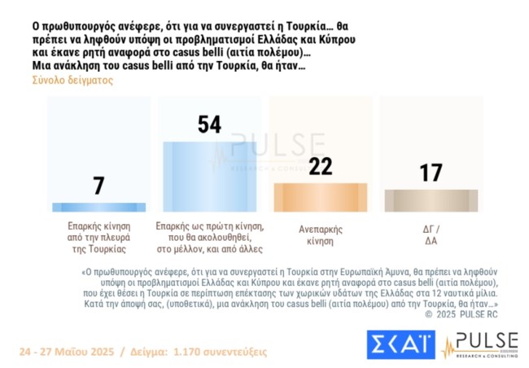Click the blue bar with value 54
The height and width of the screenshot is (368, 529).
[x=209, y=177]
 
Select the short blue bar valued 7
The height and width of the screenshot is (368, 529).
[x=99, y=208]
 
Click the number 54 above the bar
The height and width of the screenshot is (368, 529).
[x=209, y=125]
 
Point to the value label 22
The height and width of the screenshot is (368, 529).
[x=320, y=166]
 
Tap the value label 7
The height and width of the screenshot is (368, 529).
[x=99, y=186]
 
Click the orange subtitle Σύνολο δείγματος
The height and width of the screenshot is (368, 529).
[x=72, y=81]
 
